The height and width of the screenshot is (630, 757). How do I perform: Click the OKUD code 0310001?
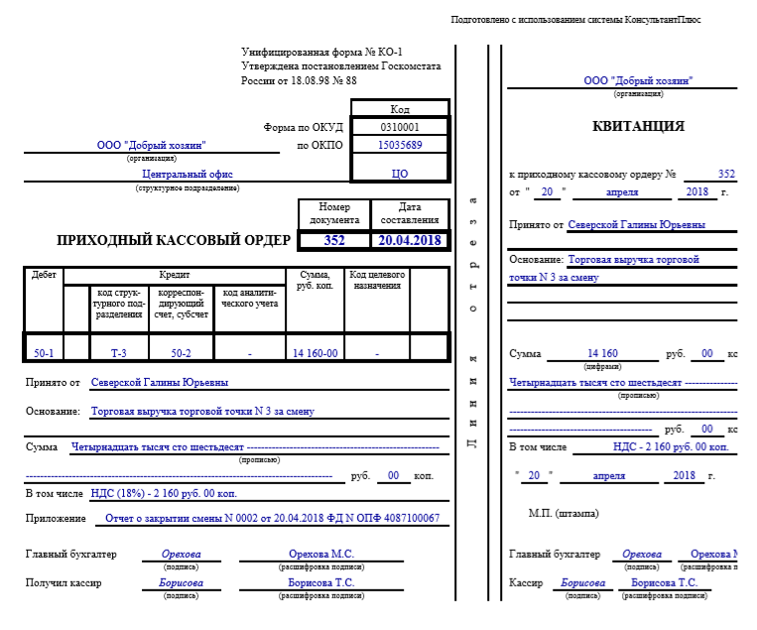tap(400, 127)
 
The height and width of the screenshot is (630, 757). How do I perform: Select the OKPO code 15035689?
tap(400, 145)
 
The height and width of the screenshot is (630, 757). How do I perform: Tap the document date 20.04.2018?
tap(409, 240)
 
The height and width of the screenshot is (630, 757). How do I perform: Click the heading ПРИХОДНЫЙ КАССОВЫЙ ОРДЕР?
tap(175, 240)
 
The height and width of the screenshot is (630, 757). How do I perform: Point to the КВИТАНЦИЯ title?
tap(625, 126)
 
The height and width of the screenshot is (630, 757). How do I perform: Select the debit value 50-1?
tap(44, 352)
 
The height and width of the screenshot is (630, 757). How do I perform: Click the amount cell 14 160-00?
tap(315, 352)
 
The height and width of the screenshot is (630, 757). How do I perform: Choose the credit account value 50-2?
tap(181, 352)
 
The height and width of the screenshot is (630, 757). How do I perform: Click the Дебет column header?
tap(44, 274)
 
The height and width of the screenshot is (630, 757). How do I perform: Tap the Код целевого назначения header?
tap(376, 280)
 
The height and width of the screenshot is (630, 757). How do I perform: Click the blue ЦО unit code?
tap(400, 173)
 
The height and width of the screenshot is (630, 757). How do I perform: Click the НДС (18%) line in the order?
tap(164, 492)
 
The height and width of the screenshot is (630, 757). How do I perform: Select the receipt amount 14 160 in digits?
tap(602, 353)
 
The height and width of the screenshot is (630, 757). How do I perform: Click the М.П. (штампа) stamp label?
tap(564, 513)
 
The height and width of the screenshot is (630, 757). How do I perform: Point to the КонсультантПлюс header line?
tap(575, 20)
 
